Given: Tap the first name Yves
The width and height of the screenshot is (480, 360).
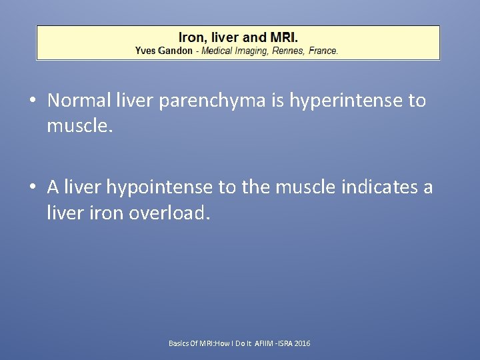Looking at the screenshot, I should pyautogui.click(x=145, y=51).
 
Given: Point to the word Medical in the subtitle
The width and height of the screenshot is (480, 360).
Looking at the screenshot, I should pyautogui.click(x=219, y=51).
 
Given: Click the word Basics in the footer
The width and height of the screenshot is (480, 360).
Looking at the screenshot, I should pyautogui.click(x=178, y=343).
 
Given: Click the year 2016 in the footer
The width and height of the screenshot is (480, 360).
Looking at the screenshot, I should pyautogui.click(x=303, y=343).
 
